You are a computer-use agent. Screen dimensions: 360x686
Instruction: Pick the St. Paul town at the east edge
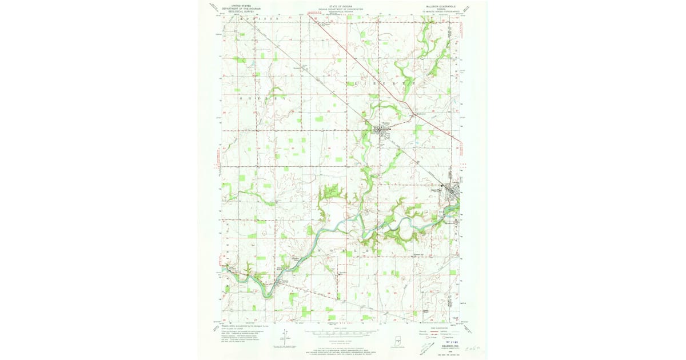454,191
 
